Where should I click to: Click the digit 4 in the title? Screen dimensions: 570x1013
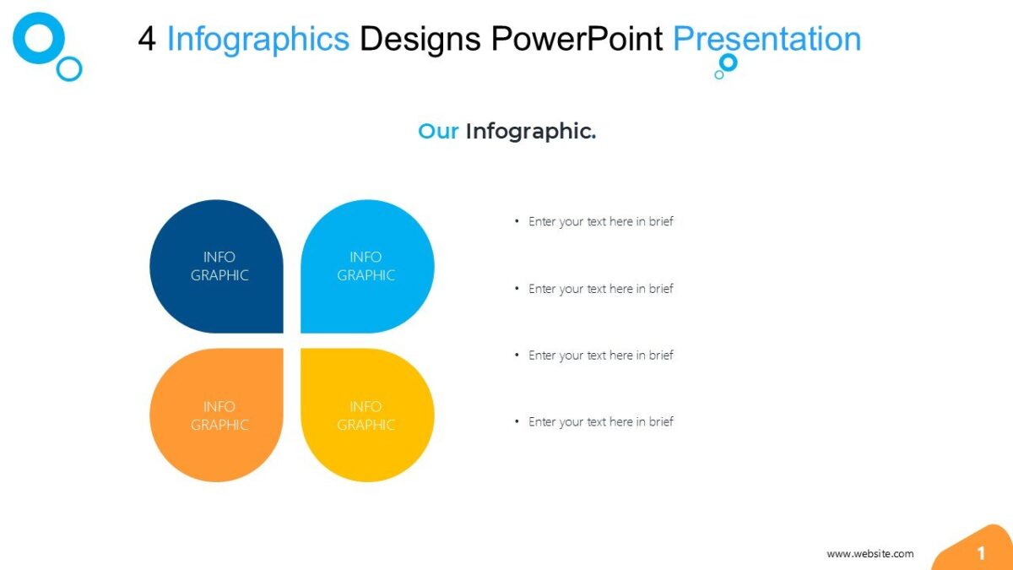coord(148,39)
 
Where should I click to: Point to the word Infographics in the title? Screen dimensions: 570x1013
coord(257,39)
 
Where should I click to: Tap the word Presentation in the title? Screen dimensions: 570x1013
coord(767,39)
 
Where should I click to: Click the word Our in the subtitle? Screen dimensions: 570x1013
coord(438,131)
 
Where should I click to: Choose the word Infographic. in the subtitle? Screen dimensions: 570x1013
coord(531,131)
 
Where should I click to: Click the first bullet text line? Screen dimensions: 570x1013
coord(600,221)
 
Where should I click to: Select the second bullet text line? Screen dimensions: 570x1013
coord(600,289)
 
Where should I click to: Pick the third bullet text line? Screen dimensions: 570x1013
coord(600,356)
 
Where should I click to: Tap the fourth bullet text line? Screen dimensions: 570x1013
coord(600,421)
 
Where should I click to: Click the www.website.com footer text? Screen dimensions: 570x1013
coord(869,554)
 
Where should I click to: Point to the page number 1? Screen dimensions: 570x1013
coord(981,554)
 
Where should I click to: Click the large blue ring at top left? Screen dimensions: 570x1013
coord(39,38)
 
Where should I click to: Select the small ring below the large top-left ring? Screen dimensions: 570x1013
coord(69,68)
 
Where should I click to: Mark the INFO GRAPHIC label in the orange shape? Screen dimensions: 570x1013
coord(219,415)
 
